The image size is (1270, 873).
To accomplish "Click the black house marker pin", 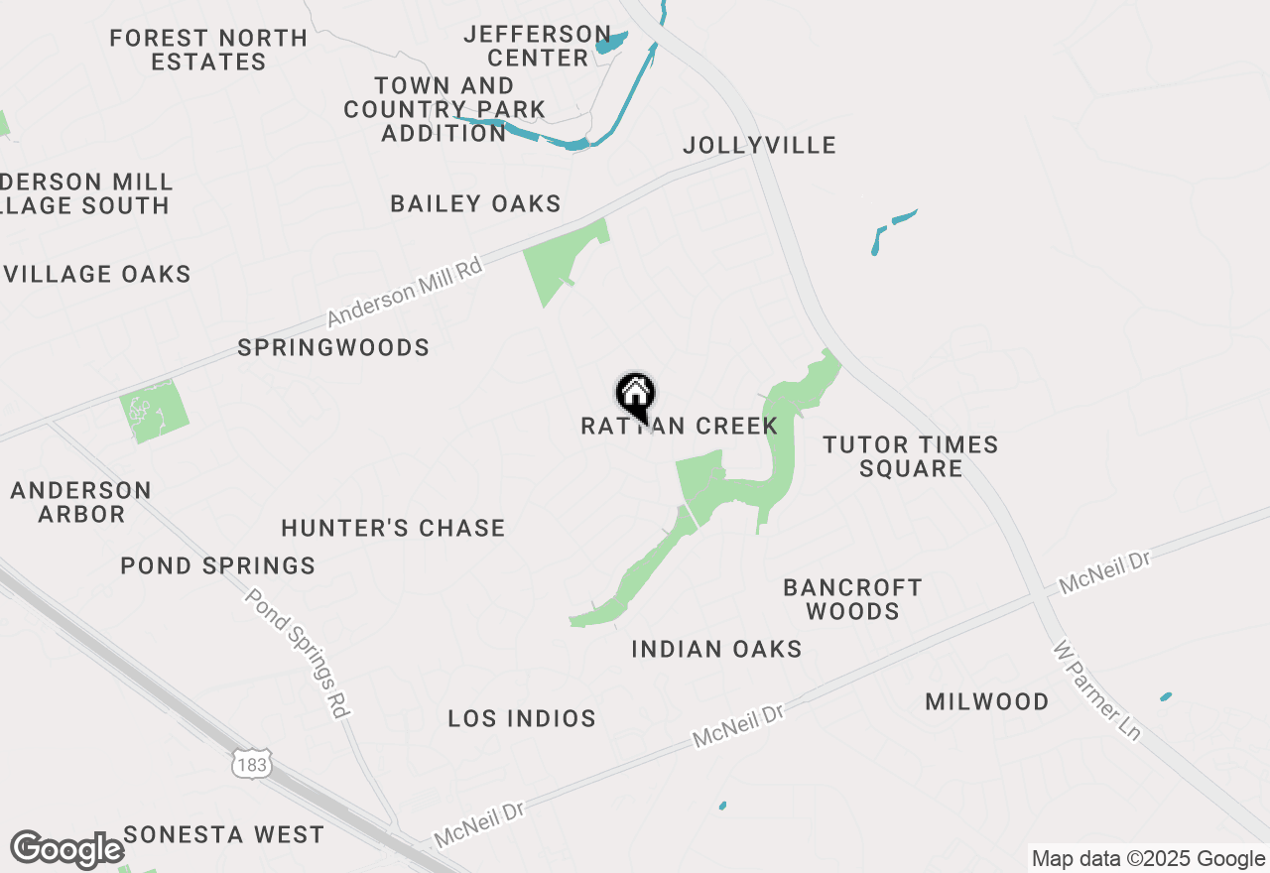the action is point(635,396).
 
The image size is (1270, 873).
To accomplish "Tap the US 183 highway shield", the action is point(251,765).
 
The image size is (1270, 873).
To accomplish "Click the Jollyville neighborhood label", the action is point(759,146).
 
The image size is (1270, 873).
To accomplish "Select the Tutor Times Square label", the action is point(910,456).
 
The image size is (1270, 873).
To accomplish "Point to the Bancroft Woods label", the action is point(852,599).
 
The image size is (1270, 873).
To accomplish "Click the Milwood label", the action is point(986,702).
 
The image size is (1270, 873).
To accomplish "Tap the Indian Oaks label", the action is point(716,649).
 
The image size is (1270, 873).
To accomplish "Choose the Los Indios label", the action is point(522,718).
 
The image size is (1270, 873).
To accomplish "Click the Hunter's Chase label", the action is point(393,528).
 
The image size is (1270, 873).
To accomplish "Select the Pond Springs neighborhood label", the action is point(217,565).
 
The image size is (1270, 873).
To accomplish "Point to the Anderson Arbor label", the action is point(81,502).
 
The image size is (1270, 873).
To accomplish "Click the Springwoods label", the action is point(333,347).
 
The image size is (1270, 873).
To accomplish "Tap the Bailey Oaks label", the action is point(475,204).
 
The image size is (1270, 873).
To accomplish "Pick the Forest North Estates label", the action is point(208,50).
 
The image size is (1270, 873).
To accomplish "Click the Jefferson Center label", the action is point(538,47).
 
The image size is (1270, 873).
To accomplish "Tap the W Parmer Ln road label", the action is point(1097,691).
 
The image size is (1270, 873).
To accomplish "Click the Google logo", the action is point(66,850).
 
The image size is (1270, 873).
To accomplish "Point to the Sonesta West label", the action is point(224,835).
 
